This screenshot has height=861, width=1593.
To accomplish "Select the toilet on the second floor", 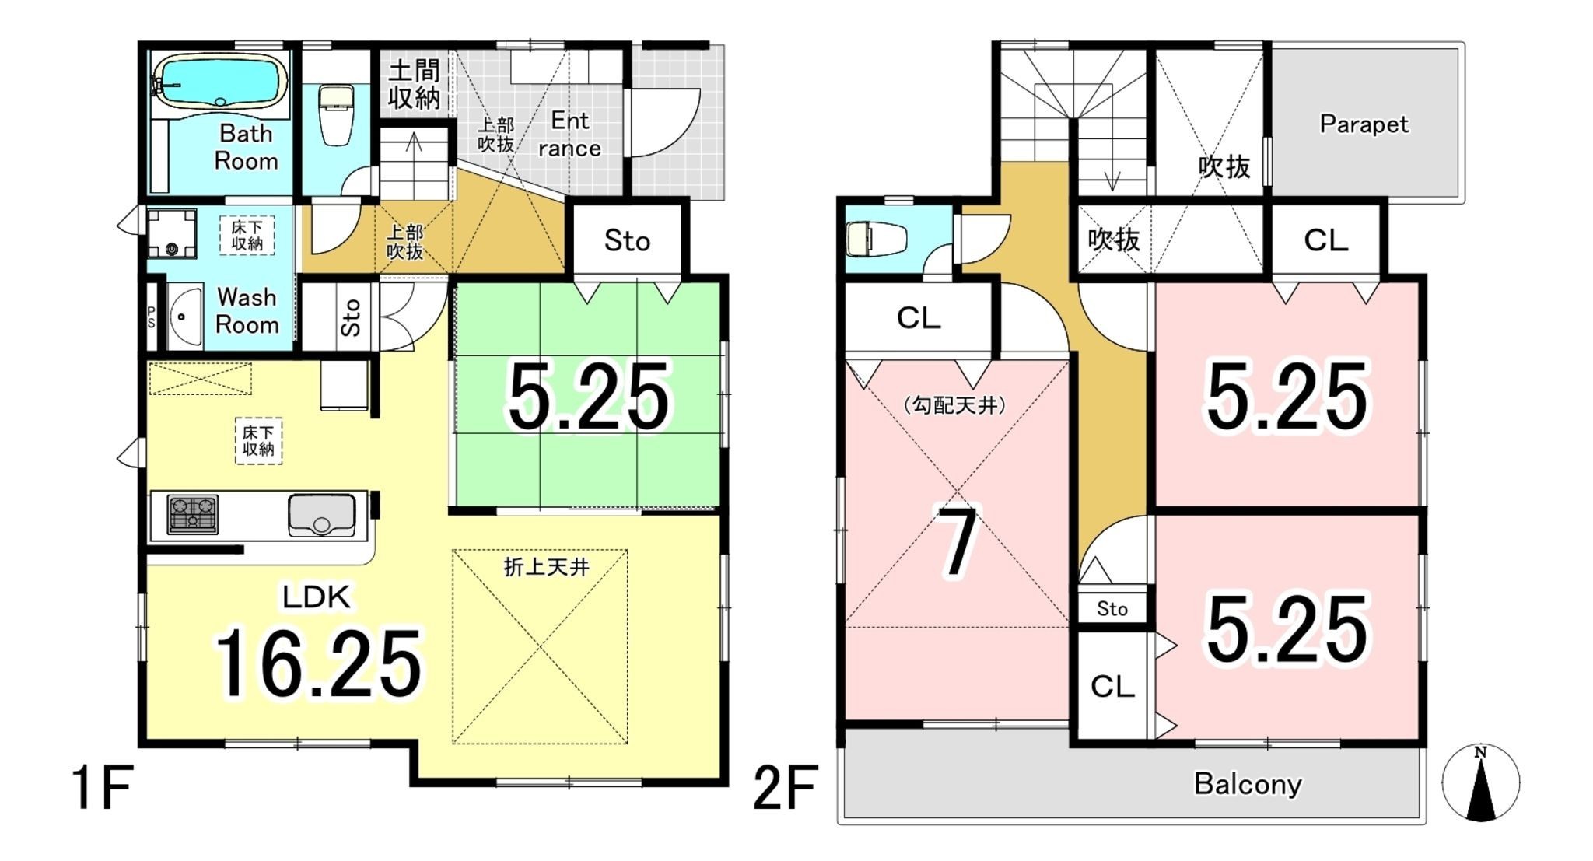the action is (x=876, y=238).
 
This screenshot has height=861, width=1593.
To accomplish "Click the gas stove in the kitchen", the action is (x=192, y=514).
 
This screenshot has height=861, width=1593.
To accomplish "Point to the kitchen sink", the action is (x=322, y=515).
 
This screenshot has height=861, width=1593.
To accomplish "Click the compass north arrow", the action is (x=1480, y=782).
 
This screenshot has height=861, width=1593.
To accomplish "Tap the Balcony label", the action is (x=1248, y=784).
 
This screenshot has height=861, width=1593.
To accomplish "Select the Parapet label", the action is (x=1364, y=124).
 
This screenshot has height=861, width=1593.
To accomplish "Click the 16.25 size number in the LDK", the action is (x=318, y=663).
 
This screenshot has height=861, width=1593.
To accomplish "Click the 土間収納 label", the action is (x=414, y=84).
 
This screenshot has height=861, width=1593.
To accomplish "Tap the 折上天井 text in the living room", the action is (x=546, y=567).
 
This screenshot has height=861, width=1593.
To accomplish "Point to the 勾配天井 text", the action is (x=955, y=405).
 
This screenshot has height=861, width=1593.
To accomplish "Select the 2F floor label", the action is (x=786, y=788).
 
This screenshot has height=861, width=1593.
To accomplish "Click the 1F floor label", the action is (x=103, y=788).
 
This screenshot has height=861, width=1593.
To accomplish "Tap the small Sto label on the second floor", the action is (x=1112, y=608).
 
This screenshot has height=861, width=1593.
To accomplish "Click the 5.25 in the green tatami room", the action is (x=588, y=397).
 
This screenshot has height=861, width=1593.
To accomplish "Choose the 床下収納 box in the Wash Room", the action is (x=247, y=235).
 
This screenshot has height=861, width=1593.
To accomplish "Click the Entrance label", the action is (x=570, y=135).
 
